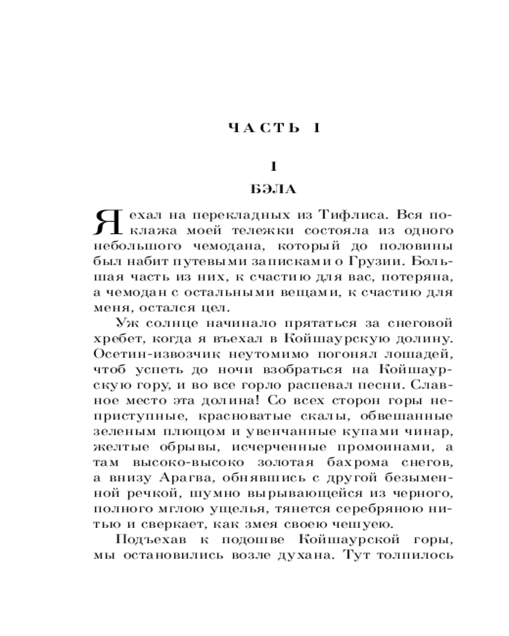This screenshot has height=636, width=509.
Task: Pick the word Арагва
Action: pyautogui.click(x=188, y=479)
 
